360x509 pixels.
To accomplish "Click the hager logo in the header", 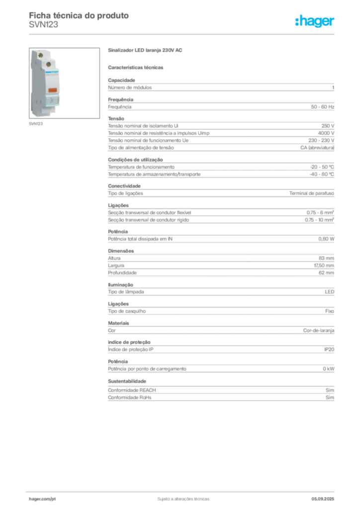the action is point(314,21).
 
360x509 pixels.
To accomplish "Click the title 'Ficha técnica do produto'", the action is point(79,15).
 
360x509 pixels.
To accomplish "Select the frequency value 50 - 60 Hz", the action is point(322,107).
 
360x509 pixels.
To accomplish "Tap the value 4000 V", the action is point(326,133).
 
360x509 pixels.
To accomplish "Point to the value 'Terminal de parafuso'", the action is point(312,193).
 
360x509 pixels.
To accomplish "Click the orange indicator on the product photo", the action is point(52,90).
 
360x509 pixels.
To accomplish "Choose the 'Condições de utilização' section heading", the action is point(135,160).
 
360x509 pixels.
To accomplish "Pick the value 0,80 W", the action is point(326,239).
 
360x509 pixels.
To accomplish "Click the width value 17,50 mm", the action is point(324,265).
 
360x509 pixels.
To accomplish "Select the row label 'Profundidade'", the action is point(122,273).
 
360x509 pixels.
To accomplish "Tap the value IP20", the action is point(329,349).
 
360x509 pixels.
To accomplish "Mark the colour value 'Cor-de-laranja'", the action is point(318,331).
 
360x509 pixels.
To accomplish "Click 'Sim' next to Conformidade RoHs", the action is point(330,397).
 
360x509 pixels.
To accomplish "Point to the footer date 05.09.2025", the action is point(323,499).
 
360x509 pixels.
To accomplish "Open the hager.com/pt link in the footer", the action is point(42,499).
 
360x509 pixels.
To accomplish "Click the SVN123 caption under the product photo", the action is point(36,124).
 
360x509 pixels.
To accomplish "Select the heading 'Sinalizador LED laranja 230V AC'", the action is point(145,50).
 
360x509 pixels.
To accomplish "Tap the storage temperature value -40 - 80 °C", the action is point(322,174).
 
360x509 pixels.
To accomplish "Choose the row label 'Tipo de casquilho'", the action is point(127,311).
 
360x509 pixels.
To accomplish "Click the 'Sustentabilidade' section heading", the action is point(127,381).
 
